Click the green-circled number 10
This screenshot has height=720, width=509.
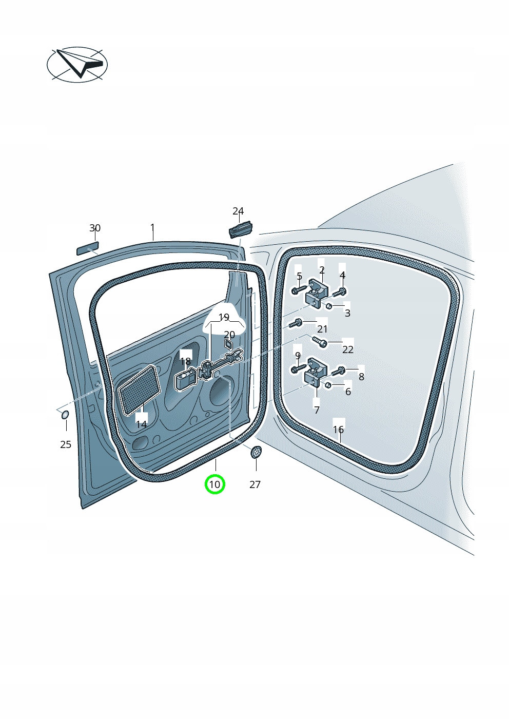pyautogui.click(x=214, y=484)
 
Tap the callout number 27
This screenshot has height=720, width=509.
pyautogui.click(x=255, y=484)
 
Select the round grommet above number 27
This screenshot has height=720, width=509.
pyautogui.click(x=256, y=453)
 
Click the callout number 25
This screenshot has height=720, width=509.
pyautogui.click(x=66, y=444)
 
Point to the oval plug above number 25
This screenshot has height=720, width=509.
pyautogui.click(x=65, y=415)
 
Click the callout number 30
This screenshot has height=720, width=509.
pyautogui.click(x=95, y=228)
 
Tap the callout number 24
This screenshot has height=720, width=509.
pyautogui.click(x=238, y=211)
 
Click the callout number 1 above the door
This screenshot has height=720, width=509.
pyautogui.click(x=152, y=227)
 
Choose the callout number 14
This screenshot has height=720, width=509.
pyautogui.click(x=142, y=424)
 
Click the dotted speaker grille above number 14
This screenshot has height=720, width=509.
pyautogui.click(x=139, y=389)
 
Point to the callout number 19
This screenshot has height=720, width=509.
pyautogui.click(x=224, y=317)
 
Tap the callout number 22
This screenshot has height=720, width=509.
pyautogui.click(x=348, y=349)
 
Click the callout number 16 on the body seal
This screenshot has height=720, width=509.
pyautogui.click(x=338, y=430)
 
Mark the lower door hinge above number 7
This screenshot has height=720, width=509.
pyautogui.click(x=316, y=373)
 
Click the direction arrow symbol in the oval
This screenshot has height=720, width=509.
pyautogui.click(x=80, y=64)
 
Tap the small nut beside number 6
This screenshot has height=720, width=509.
pyautogui.click(x=328, y=385)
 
